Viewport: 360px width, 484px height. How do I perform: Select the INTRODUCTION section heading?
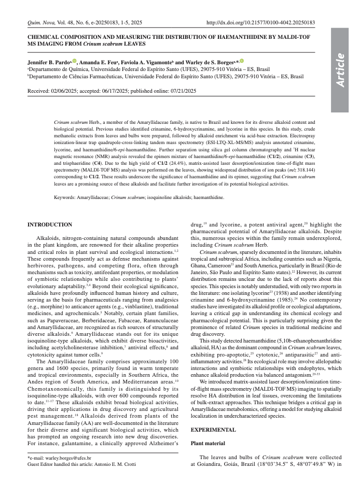coord(50,224)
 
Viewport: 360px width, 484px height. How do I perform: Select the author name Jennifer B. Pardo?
coord(48,61)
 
